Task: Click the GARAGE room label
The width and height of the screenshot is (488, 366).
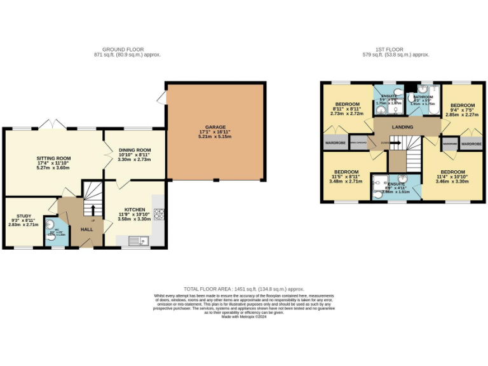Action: (x=214, y=126)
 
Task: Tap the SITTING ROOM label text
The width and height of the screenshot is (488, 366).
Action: (x=54, y=158)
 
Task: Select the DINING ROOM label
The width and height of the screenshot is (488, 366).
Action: (x=134, y=151)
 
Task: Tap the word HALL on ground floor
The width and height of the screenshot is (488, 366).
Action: (x=86, y=230)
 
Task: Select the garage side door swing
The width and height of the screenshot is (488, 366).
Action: (x=162, y=97)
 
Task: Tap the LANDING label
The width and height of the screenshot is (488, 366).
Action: (x=402, y=127)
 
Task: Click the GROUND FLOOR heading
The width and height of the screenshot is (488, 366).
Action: (x=123, y=50)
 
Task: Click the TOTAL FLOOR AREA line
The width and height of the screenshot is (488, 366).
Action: (x=244, y=289)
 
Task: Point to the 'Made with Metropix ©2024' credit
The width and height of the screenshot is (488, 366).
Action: (x=244, y=316)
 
